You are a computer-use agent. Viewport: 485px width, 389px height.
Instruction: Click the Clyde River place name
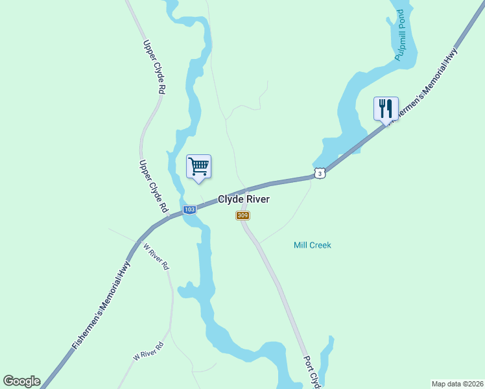point(243,200)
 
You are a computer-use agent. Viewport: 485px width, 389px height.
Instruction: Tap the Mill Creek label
point(312,245)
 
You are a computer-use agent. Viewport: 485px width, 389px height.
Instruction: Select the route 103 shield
point(189,209)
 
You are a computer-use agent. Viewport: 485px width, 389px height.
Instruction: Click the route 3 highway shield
point(319,173)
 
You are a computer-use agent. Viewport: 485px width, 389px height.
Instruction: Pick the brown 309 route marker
point(242,215)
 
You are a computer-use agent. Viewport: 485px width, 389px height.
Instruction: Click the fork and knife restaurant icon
point(386,108)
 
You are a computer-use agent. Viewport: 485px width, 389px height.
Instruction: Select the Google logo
point(21,381)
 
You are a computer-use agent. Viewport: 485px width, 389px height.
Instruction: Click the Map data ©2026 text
point(458,383)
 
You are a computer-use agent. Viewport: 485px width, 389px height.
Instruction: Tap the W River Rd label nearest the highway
point(156,257)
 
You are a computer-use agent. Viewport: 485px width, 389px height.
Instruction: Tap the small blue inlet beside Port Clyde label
point(328,353)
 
